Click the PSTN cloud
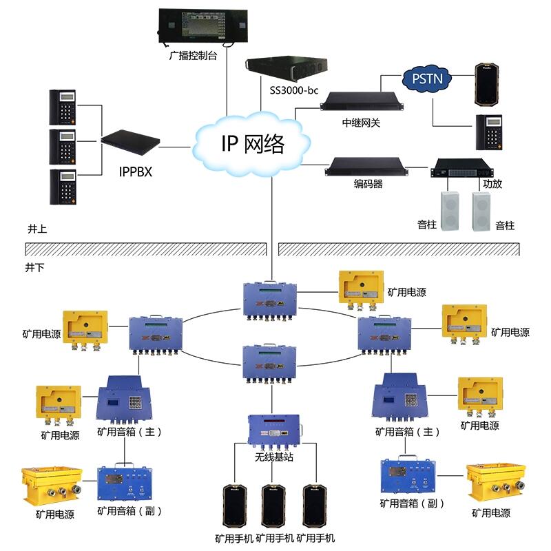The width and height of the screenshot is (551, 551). point(427,79)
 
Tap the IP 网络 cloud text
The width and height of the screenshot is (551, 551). point(253,144)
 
